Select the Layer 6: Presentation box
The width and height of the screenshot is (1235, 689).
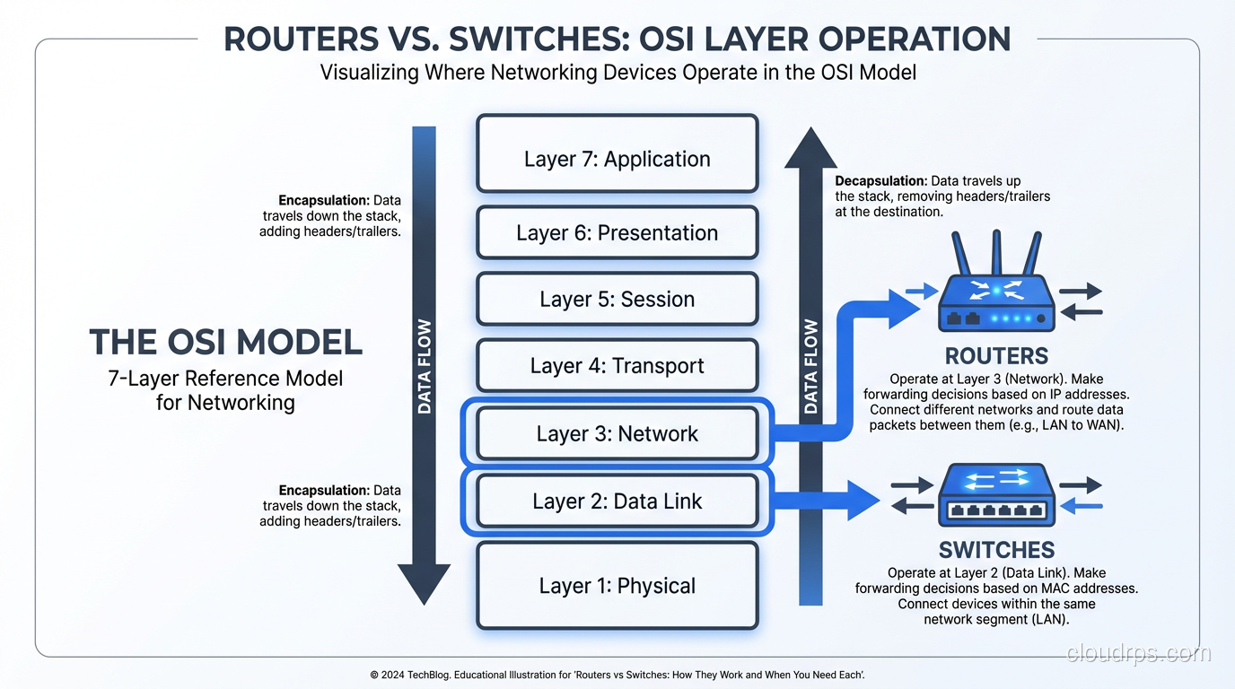pyautogui.click(x=617, y=232)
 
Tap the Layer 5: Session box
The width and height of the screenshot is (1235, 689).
pyautogui.click(x=617, y=299)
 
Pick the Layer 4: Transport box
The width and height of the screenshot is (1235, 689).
pyautogui.click(x=617, y=365)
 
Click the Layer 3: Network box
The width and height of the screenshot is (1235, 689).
pyautogui.click(x=617, y=433)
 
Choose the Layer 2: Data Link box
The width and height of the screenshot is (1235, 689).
pyautogui.click(x=617, y=501)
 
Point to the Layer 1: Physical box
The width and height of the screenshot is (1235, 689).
pyautogui.click(x=617, y=585)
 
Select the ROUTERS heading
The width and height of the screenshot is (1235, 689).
pyautogui.click(x=996, y=354)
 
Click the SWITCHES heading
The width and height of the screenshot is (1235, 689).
pyautogui.click(x=996, y=549)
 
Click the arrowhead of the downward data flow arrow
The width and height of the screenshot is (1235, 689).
pyautogui.click(x=424, y=583)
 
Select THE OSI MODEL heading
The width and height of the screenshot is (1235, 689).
pyautogui.click(x=225, y=342)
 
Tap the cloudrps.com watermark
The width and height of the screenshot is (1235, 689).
pyautogui.click(x=1138, y=653)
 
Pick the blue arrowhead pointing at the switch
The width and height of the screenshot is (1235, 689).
pyautogui.click(x=863, y=500)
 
